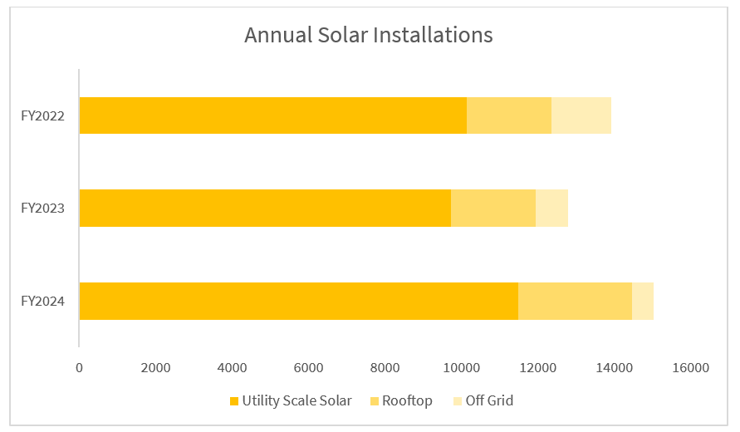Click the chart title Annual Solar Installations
(x=368, y=36)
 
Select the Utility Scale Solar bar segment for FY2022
(x=272, y=115)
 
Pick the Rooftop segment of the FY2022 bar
(x=508, y=115)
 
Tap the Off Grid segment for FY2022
(x=581, y=115)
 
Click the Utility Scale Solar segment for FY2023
(x=265, y=208)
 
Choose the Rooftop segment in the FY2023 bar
(x=493, y=208)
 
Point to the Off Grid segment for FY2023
(x=551, y=208)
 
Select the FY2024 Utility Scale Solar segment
(x=298, y=301)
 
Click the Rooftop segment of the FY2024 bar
(x=575, y=301)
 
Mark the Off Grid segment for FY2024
(x=642, y=301)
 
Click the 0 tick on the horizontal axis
(x=79, y=367)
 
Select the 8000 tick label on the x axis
(x=385, y=367)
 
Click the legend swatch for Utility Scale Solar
(x=234, y=401)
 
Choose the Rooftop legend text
(x=407, y=401)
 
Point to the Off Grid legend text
(x=489, y=401)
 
